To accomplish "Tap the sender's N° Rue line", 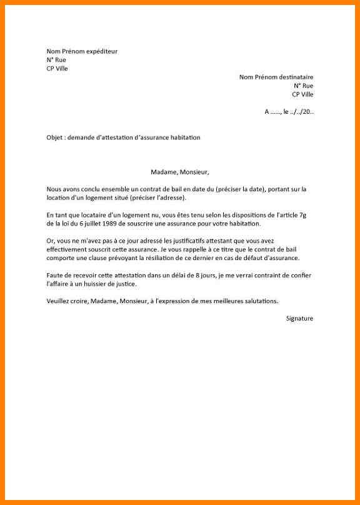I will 55,60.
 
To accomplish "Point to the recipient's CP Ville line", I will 302,94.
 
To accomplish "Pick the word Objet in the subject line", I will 54,137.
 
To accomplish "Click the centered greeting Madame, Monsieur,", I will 180,171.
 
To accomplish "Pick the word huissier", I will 99,284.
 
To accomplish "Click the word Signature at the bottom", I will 299,318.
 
